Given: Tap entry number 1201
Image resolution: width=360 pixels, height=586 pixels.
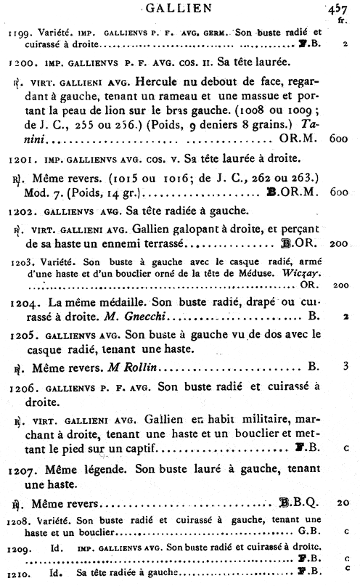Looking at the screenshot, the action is point(17,179).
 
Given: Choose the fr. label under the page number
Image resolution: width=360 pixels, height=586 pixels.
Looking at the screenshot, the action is point(342,21).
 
